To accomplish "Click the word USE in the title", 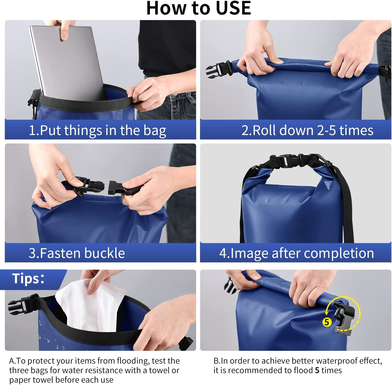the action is [x=233, y=8].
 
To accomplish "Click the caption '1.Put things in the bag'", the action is [x=97, y=131].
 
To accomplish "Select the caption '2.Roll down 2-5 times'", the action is [x=307, y=130].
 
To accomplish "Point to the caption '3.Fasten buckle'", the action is [x=77, y=253].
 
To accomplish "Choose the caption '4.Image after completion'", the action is [x=296, y=253].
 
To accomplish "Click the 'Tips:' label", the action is [x=28, y=279].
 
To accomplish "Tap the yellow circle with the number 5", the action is [x=327, y=322].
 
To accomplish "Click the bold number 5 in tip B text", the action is [x=317, y=370].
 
